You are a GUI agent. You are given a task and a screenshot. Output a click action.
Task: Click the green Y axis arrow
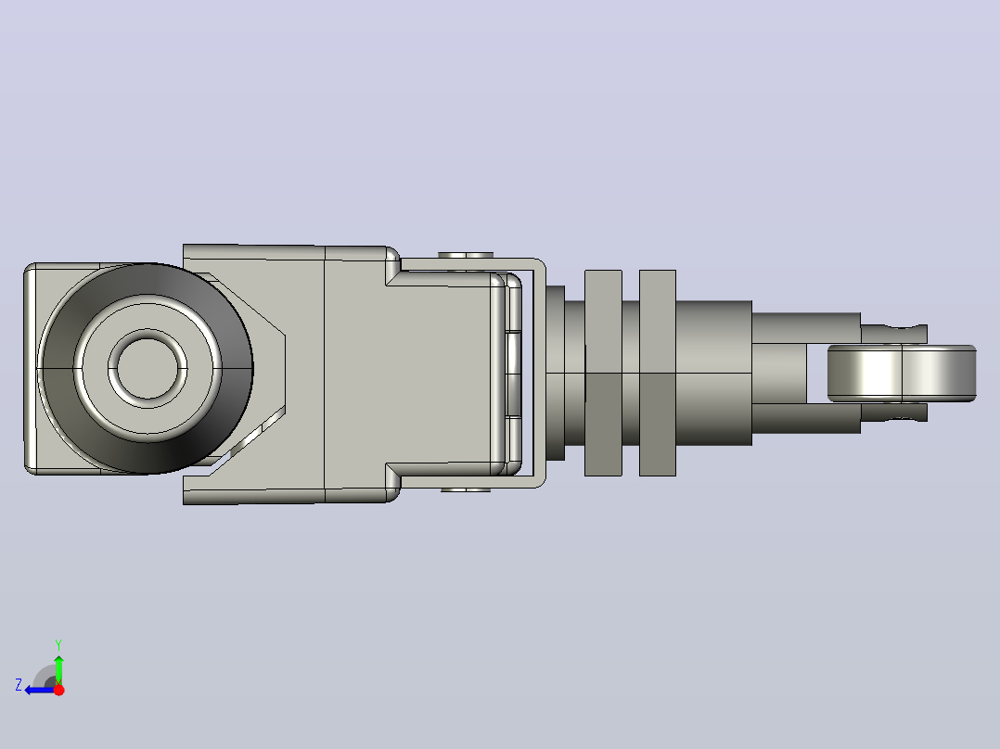58,668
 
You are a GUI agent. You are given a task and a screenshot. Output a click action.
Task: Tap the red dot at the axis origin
58,690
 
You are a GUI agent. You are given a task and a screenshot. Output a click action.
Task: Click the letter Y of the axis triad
58,644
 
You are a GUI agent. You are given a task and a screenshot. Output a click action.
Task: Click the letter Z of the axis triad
19,685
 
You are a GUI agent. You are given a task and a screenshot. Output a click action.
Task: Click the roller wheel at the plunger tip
902,374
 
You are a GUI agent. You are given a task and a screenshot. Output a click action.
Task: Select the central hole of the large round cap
147,368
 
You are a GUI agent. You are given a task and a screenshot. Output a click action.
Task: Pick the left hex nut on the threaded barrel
603,373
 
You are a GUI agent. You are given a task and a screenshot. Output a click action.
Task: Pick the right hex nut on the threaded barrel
658,373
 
